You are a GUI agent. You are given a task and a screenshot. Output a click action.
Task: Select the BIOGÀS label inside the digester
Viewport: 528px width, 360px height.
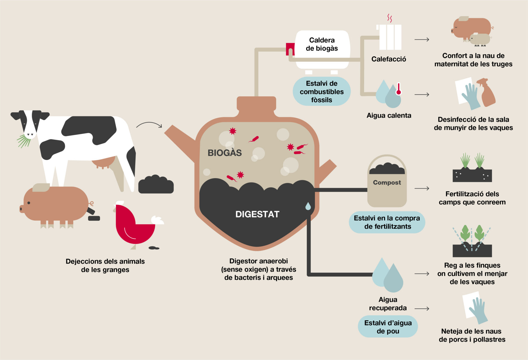tap(224, 153)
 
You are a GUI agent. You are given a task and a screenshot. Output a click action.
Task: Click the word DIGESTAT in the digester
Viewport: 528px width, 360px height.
tap(257, 214)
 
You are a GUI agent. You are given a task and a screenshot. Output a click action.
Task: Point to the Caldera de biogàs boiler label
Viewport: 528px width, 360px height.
tap(322, 44)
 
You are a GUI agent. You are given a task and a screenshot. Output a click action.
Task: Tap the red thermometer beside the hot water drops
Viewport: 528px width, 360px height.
tap(398, 89)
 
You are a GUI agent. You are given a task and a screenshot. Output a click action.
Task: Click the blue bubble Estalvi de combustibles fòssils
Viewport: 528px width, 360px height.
tap(321, 92)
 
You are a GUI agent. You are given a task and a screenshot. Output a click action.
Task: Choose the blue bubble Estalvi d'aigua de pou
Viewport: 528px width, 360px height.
tap(388, 327)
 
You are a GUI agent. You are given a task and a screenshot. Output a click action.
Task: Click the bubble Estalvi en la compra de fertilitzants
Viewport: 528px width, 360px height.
tap(387, 222)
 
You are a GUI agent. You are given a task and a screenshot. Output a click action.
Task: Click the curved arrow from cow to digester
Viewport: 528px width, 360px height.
tap(149, 124)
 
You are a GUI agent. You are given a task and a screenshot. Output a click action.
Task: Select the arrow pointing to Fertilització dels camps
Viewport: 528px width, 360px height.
tap(422, 189)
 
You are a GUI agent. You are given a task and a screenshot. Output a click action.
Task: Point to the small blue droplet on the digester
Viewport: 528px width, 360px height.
tap(308, 206)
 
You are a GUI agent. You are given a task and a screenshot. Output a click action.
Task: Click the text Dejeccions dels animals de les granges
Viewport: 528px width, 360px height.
tap(105, 265)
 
